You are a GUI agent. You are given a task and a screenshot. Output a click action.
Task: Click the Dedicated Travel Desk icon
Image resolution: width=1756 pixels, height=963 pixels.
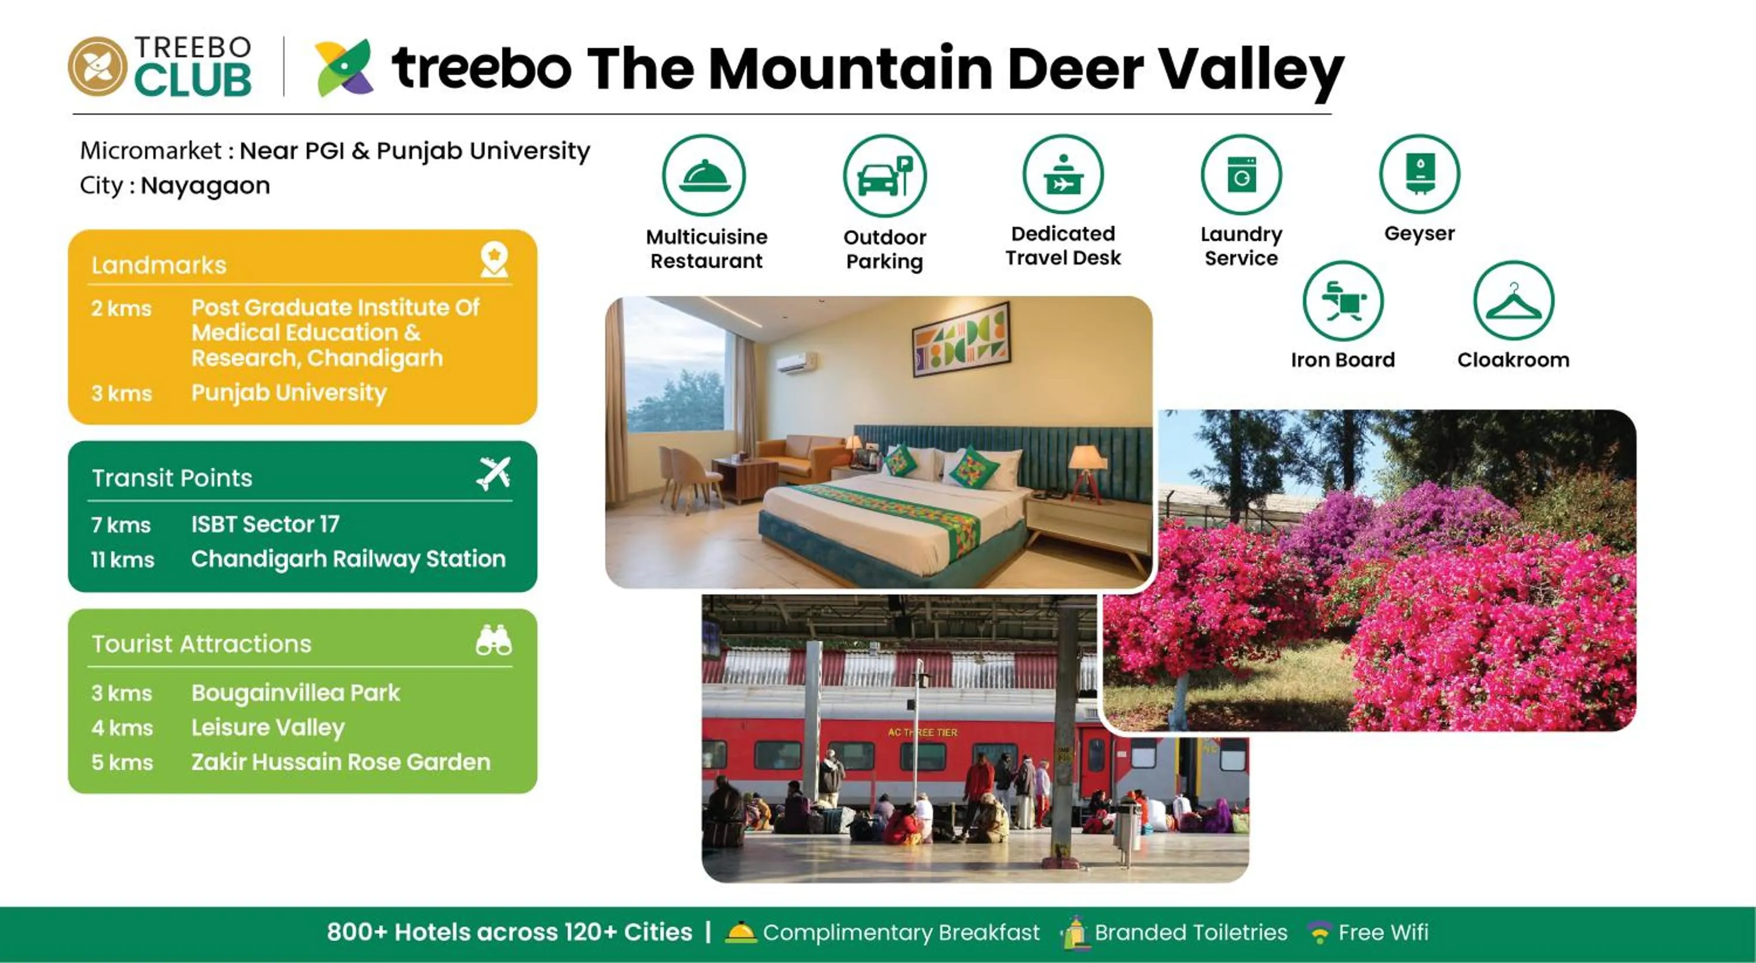(1063, 174)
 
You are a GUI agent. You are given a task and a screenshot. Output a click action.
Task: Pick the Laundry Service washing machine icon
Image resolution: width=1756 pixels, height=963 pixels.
(1241, 175)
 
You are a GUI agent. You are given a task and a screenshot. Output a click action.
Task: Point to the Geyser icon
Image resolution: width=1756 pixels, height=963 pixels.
(1419, 174)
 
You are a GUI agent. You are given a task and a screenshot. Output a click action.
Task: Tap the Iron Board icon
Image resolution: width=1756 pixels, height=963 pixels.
(1343, 301)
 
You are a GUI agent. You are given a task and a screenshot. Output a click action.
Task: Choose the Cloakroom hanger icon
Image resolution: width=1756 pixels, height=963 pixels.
(1513, 301)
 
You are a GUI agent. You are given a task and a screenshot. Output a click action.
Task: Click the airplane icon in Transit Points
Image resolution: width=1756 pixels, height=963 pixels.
(493, 473)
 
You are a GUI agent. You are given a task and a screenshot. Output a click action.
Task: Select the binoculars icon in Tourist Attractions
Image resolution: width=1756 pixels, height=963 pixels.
(493, 641)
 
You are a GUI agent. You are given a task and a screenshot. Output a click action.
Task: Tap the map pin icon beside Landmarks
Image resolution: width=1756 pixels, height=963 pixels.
(493, 260)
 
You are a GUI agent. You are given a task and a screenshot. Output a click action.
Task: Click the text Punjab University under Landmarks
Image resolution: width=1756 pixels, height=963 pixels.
(289, 393)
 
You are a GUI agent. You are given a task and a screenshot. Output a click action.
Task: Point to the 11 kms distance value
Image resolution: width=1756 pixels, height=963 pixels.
(123, 559)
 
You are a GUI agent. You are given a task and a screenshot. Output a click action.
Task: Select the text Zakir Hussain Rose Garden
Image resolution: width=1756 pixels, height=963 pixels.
(341, 762)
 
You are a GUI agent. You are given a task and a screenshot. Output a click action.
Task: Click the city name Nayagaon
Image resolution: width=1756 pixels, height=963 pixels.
(205, 185)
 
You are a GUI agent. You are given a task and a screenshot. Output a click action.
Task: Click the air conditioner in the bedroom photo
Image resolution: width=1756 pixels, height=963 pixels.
(795, 362)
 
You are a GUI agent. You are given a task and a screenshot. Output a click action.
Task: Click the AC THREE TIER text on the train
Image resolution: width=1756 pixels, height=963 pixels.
(922, 732)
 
